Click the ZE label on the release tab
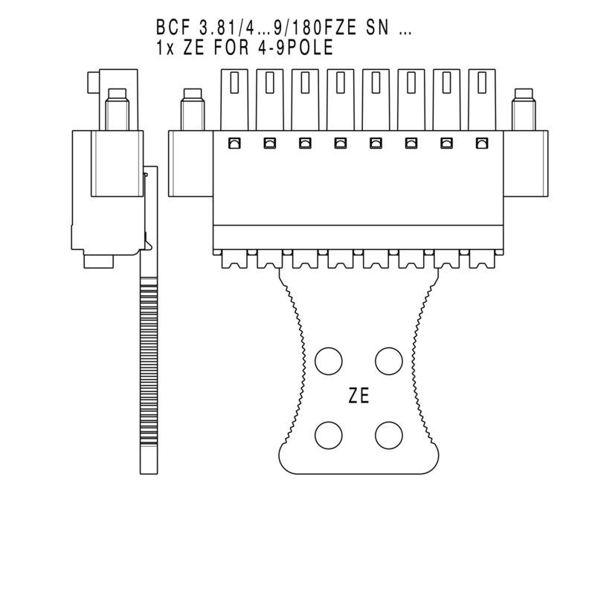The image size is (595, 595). coord(359,396)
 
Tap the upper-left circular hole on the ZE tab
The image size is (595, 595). coord(328,361)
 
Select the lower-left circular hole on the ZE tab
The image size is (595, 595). coord(328,434)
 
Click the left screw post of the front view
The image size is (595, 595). coord(192,110)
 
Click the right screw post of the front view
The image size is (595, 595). coord(524,110)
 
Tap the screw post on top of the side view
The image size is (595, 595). coord(117,109)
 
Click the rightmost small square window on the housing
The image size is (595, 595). coord(482,143)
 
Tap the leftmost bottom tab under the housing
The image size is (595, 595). coord(234,259)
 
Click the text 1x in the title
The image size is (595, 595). coord(165,47)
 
